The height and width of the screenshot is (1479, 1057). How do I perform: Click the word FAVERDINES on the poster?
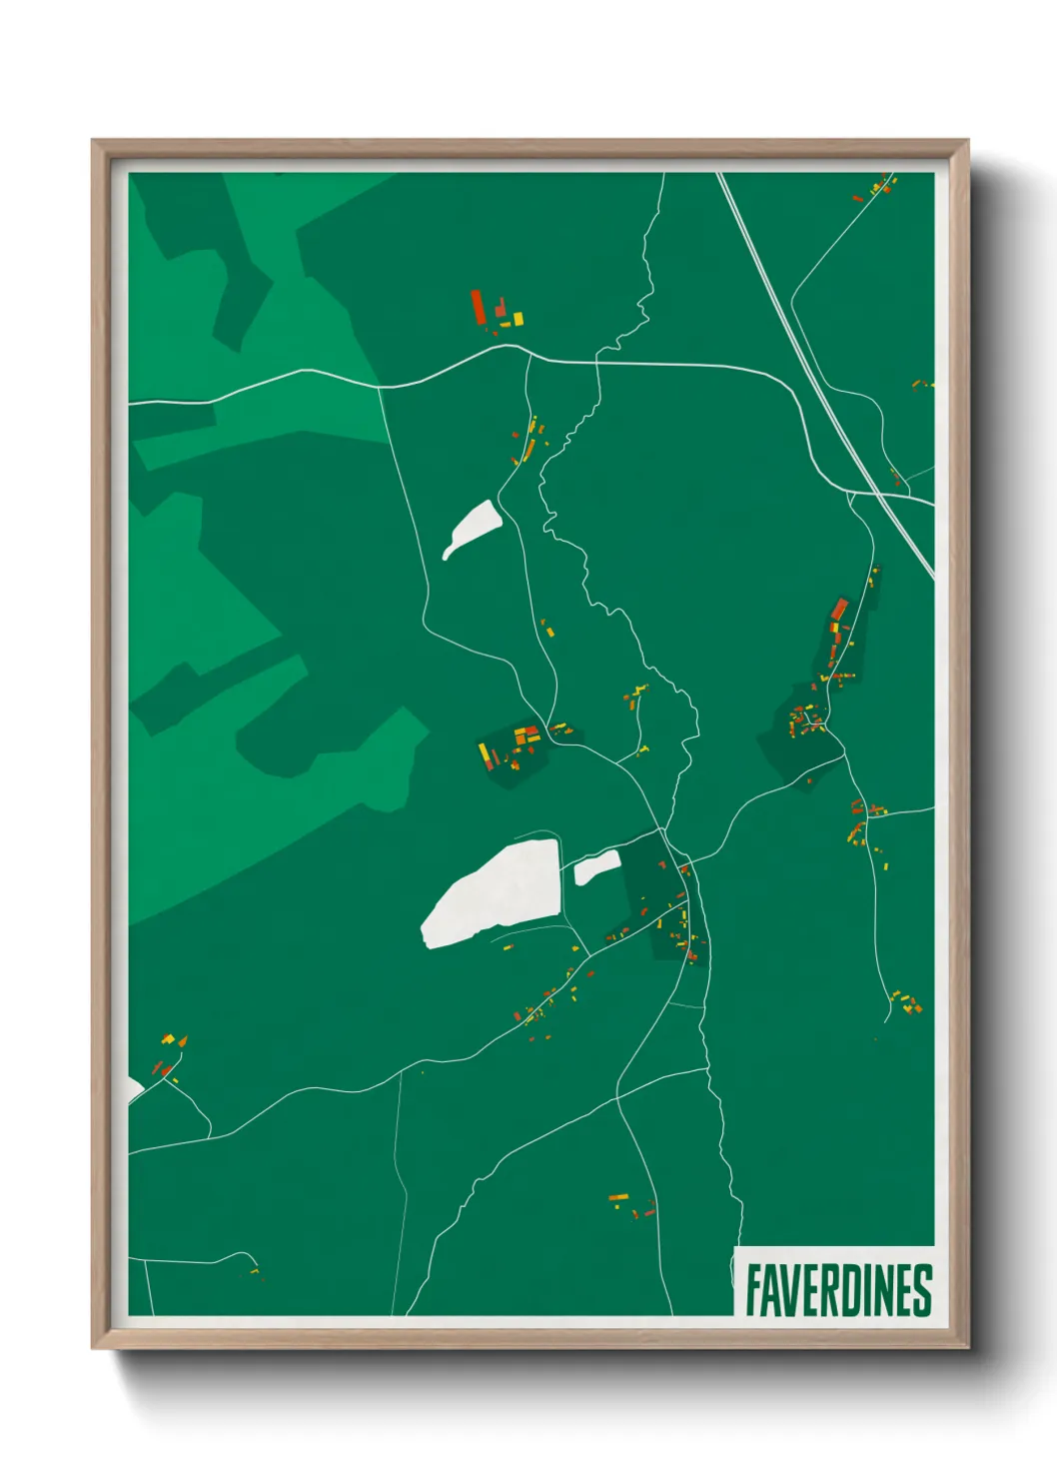837,1290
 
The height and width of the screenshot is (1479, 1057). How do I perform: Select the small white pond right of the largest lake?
596,867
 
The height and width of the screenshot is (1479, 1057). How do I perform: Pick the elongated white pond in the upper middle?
472,529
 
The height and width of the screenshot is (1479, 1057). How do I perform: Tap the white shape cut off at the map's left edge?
135,1089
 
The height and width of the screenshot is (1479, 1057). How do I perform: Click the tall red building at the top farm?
478,306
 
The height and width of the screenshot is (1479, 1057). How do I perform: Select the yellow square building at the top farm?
518,318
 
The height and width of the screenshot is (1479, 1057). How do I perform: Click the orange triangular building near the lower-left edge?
182,1041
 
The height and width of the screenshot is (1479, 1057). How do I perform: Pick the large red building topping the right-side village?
839,609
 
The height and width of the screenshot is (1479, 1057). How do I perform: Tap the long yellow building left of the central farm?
484,751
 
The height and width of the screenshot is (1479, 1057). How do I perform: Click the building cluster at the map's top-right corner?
879,187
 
